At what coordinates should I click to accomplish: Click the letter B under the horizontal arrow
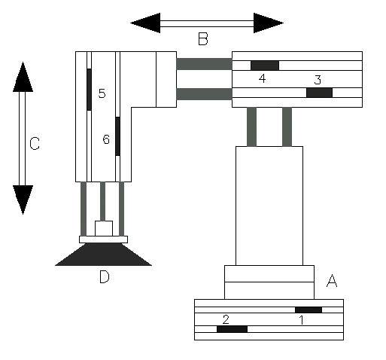click(x=203, y=39)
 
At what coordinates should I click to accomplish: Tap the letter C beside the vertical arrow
click(x=35, y=144)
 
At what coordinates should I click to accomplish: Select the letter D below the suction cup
click(x=105, y=277)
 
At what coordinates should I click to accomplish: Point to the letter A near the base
click(x=332, y=280)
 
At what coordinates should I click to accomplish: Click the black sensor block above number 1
click(x=308, y=310)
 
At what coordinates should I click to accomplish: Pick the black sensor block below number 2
click(x=232, y=329)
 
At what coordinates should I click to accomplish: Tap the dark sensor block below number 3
click(x=319, y=93)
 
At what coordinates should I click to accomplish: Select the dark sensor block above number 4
click(x=265, y=66)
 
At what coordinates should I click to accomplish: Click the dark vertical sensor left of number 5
click(x=89, y=90)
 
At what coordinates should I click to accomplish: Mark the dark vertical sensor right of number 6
click(x=117, y=136)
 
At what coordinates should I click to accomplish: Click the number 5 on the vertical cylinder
click(x=102, y=93)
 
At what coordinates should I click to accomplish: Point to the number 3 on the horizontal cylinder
click(x=318, y=80)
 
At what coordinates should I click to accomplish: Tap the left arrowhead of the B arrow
click(x=145, y=23)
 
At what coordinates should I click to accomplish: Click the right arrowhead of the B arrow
click(x=269, y=23)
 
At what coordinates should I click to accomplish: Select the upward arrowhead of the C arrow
click(x=23, y=77)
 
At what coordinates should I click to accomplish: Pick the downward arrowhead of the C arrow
click(x=23, y=200)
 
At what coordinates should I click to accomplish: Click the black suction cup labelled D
click(x=103, y=255)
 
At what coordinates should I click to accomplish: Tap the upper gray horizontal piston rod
click(x=204, y=64)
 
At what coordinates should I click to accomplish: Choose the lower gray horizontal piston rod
click(x=204, y=94)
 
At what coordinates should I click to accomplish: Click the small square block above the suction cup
click(x=104, y=228)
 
